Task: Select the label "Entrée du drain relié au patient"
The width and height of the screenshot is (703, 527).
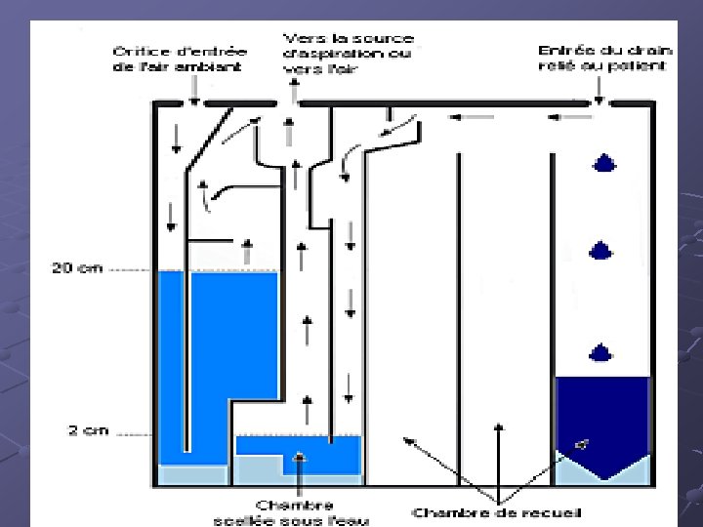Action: coord(601,58)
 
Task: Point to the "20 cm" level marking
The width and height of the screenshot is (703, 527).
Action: coord(76,267)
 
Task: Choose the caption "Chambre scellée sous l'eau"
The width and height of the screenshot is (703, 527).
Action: coord(290,511)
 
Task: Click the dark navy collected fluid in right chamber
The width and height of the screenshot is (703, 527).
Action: coord(601,410)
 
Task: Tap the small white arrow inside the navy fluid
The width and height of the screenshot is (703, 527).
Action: coord(583,444)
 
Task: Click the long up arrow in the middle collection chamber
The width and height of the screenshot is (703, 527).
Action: coord(499,453)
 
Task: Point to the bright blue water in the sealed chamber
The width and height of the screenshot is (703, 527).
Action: coord(298,446)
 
